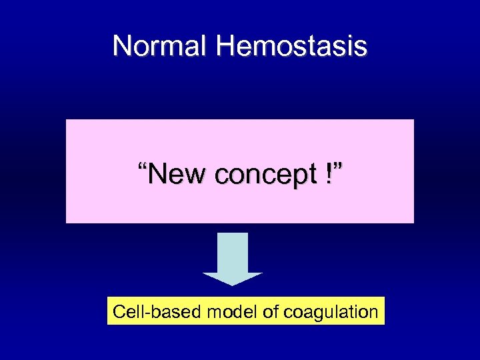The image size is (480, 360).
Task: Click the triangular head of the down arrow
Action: (x=233, y=278)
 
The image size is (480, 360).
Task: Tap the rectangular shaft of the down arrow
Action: (x=233, y=252)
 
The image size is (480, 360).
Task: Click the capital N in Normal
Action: (x=121, y=46)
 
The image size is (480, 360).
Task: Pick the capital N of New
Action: (x=157, y=174)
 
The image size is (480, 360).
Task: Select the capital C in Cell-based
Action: (x=119, y=311)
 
